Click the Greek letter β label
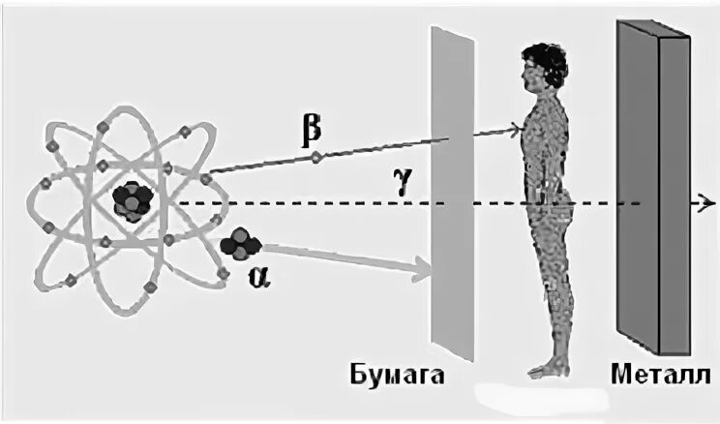(x=311, y=128)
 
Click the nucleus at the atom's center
(x=129, y=201)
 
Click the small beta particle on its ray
(x=313, y=155)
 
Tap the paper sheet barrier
(x=453, y=194)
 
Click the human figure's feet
(x=546, y=368)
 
